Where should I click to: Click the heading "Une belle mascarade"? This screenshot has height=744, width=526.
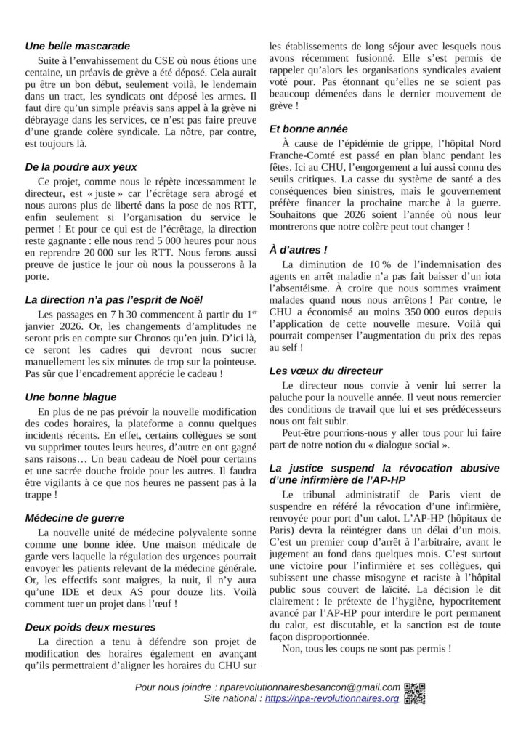[78, 46]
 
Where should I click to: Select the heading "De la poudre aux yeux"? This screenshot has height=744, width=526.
[81, 166]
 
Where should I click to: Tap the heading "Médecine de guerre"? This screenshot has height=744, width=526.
[74, 518]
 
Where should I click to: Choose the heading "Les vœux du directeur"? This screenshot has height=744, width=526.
[325, 371]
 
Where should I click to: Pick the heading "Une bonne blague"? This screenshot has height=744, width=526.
[70, 397]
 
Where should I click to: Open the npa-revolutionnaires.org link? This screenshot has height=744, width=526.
[332, 699]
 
